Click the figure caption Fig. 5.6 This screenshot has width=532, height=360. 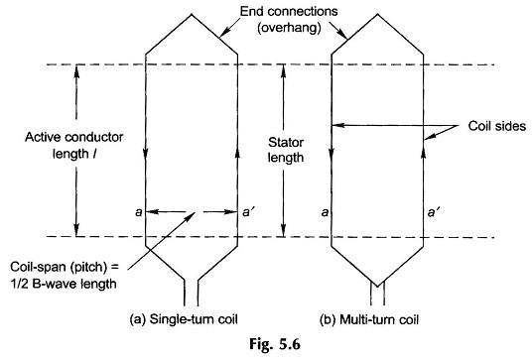tap(275, 344)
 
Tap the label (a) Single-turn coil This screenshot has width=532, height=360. tap(184, 319)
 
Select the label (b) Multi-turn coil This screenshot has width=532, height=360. tap(369, 319)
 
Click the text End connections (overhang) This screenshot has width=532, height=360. tap(289, 20)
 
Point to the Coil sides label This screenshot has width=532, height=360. tap(497, 126)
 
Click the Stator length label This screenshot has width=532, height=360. tap(286, 150)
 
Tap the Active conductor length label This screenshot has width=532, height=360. tap(74, 146)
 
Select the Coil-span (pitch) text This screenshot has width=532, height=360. tap(65, 267)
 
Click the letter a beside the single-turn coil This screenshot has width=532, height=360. tap(138, 212)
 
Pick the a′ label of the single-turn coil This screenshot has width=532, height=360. tap(247, 212)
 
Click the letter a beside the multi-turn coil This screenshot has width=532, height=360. tap(325, 212)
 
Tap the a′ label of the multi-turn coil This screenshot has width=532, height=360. tap(432, 212)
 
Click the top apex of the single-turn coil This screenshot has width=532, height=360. tap(192, 14)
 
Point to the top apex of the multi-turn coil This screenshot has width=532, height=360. tap(377, 14)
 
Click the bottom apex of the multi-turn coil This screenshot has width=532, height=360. tap(377, 285)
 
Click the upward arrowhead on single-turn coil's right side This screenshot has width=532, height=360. tap(237, 155)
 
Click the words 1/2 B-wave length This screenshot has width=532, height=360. tap(64, 284)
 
